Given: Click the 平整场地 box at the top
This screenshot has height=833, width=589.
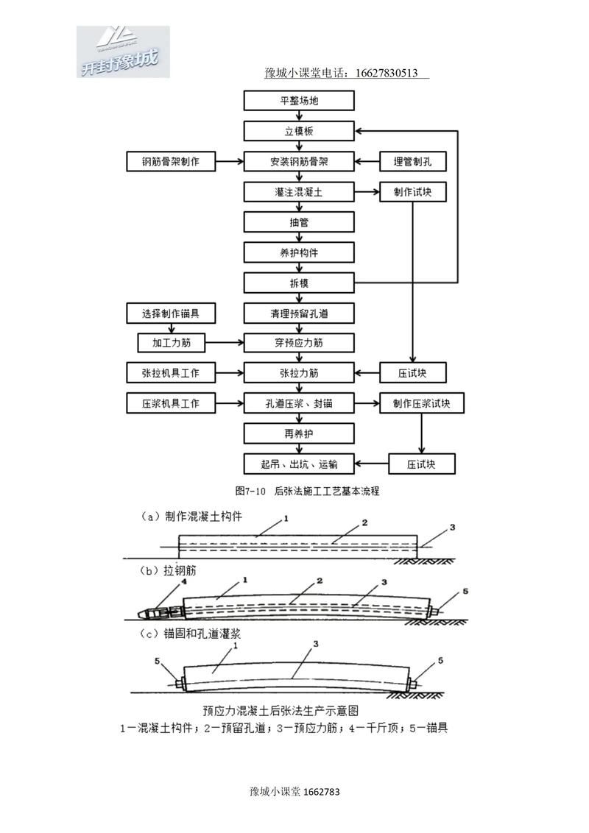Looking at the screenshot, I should coord(299,101).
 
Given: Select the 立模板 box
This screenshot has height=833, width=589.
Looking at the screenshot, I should coord(299,131).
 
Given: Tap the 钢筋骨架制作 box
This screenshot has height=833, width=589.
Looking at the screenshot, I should coord(170,161).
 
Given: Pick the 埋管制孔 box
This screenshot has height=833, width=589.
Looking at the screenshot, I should coord(412,161).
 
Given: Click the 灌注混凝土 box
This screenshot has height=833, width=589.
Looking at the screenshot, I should coord(299,192).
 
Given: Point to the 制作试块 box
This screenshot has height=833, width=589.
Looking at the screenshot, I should coord(412,192).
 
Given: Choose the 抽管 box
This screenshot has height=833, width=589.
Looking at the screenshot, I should coord(299,222).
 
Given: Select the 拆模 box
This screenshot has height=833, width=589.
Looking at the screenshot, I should coord(299,283).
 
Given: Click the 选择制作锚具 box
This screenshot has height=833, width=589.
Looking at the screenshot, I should coord(170,313).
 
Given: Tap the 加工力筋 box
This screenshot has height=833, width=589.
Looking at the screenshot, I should coord(170,343).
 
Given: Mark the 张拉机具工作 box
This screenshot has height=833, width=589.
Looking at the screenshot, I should coord(170,373).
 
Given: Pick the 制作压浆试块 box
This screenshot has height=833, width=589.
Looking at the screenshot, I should coord(421,403).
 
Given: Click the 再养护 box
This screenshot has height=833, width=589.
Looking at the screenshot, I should coord(299,433).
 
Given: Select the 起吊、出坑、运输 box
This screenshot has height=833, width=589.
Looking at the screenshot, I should coord(299,464).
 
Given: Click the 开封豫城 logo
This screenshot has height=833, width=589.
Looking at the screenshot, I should coord(122,52).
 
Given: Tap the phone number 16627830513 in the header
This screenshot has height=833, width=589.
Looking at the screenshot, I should coord(387,73).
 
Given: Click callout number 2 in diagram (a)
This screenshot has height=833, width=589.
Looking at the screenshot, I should coord(364,523).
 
